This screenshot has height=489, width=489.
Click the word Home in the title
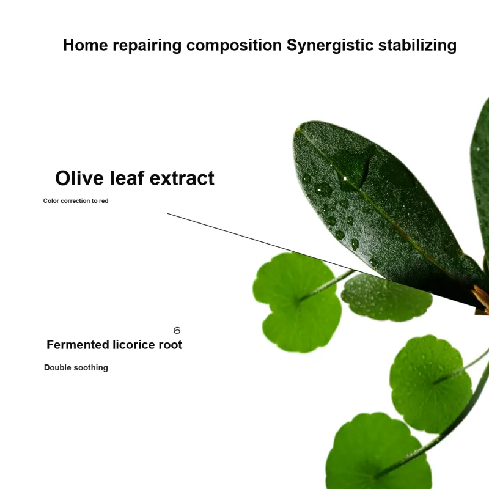[86, 45]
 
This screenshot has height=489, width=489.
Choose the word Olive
[79, 178]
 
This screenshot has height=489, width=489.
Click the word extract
[182, 178]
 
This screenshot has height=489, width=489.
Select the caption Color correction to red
[76, 201]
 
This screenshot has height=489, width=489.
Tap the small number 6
[177, 330]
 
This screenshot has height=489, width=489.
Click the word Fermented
[78, 345]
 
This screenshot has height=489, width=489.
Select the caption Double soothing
[76, 368]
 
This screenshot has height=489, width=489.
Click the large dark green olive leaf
[380, 206]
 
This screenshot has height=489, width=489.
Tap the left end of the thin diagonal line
[167, 213]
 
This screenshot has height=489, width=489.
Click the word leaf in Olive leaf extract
[127, 178]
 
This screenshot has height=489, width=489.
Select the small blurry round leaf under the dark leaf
[387, 298]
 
